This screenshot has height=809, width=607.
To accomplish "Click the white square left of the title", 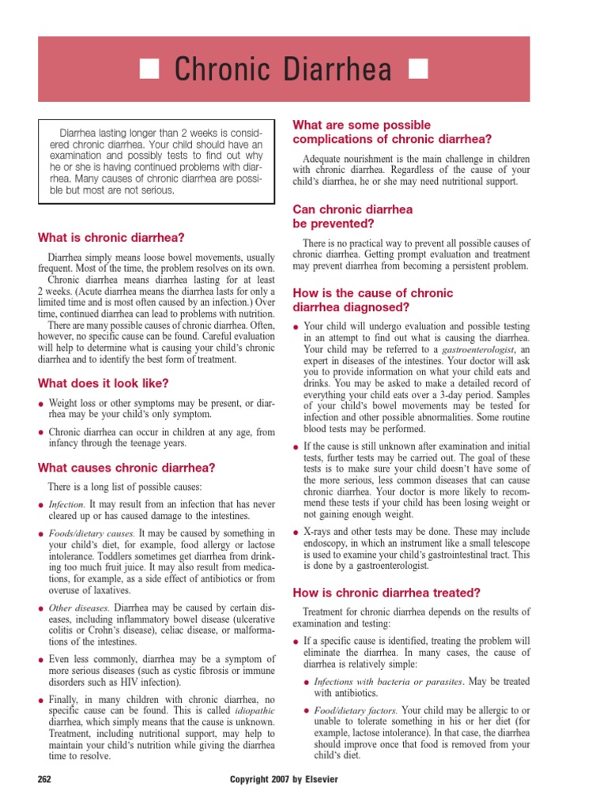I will pos(150,70).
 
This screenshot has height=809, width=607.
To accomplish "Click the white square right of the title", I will pos(417,70).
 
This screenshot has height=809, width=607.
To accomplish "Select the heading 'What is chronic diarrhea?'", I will pos(111,238).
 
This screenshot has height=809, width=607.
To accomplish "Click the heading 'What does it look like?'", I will pos(104,383).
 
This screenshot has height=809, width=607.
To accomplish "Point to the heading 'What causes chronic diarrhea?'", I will pos(115,467).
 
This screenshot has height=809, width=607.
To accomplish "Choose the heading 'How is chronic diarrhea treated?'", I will pos(387,592).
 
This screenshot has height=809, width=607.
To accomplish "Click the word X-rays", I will pos(321,532).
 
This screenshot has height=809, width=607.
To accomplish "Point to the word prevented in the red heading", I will pos(335,224).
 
